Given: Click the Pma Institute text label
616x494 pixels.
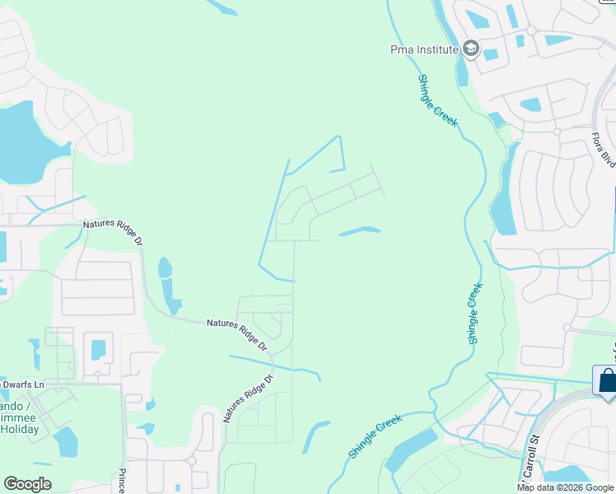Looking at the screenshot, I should click(x=423, y=49).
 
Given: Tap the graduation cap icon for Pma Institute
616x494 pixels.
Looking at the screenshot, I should click(x=470, y=49).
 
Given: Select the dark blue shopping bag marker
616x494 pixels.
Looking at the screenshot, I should click(x=606, y=382).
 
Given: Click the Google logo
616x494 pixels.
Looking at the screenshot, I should click(x=27, y=484).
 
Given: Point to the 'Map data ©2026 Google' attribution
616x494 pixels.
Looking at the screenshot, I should click(x=565, y=487).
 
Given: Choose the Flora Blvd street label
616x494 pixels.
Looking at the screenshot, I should click(x=604, y=150).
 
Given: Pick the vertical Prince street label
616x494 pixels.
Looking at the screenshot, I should click(x=121, y=480).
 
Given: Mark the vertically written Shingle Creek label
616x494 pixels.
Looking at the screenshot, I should click(x=474, y=314).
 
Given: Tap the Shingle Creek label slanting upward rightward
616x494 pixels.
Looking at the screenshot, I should click(x=375, y=437).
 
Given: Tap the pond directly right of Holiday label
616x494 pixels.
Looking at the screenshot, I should click(x=66, y=442).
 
